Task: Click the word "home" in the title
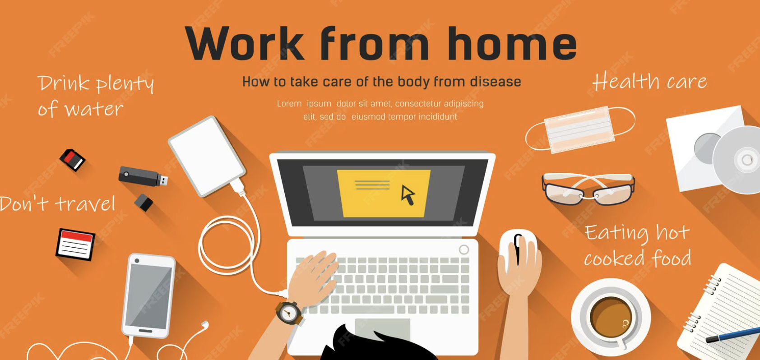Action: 512,44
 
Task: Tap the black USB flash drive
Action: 143,176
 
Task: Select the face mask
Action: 580,129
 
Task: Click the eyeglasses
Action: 589,189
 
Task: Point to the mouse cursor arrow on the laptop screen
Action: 408,195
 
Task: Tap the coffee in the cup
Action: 611,317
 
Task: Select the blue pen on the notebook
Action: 733,335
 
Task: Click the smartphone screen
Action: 148,296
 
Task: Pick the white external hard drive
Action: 207,156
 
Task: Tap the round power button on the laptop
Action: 464,250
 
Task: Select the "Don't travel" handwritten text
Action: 57,203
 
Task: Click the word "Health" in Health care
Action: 626,81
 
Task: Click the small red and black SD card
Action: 72,160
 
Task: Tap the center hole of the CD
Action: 746,159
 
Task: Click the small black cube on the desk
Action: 144,203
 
